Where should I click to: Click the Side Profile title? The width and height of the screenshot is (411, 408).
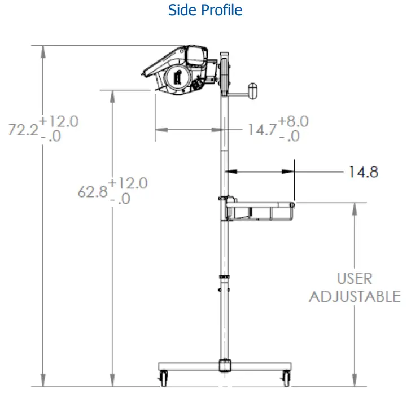(x=205, y=10)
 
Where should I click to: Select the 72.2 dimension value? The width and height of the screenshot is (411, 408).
(x=23, y=130)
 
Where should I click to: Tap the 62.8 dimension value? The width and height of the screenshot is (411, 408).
(x=93, y=192)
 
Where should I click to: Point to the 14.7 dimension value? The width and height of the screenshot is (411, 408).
(x=262, y=130)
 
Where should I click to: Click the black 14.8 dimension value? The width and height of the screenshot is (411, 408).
(x=364, y=172)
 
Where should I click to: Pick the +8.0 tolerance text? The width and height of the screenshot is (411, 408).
(x=293, y=121)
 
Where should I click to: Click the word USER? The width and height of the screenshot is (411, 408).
(x=355, y=279)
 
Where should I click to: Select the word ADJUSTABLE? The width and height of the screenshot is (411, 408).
(x=355, y=297)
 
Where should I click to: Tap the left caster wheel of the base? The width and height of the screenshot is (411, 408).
(x=164, y=379)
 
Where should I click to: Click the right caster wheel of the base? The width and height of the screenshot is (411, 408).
(x=286, y=379)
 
